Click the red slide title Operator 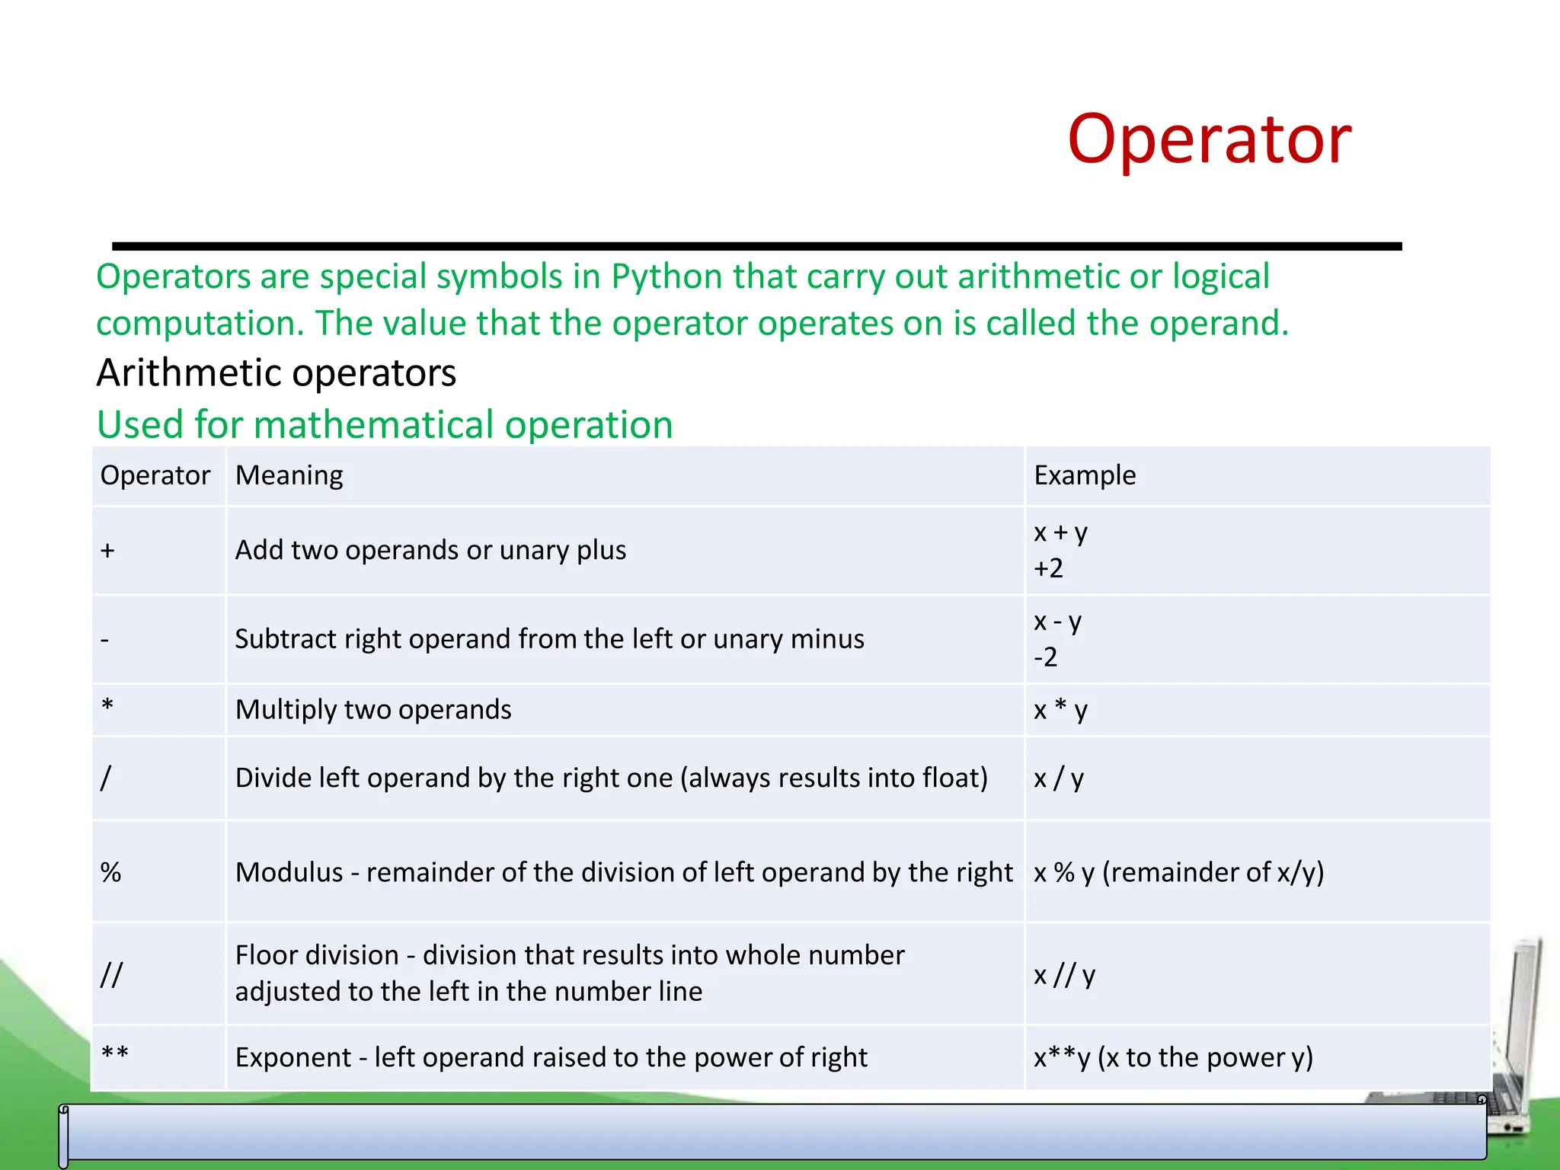[x=1209, y=139]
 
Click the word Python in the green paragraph [x=667, y=277]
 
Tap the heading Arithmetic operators [x=276, y=373]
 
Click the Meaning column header [x=289, y=475]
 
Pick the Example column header [x=1084, y=475]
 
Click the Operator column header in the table [x=155, y=475]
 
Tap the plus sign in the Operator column [x=107, y=551]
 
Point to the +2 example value [x=1047, y=568]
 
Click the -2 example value [x=1045, y=657]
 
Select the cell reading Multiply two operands [x=373, y=709]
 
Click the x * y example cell [x=1060, y=709]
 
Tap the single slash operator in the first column [x=106, y=778]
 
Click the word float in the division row [x=951, y=778]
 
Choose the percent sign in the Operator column [x=111, y=872]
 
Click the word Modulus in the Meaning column [x=289, y=872]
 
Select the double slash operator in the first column [x=111, y=974]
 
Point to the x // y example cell [x=1064, y=974]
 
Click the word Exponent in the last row [x=293, y=1057]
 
